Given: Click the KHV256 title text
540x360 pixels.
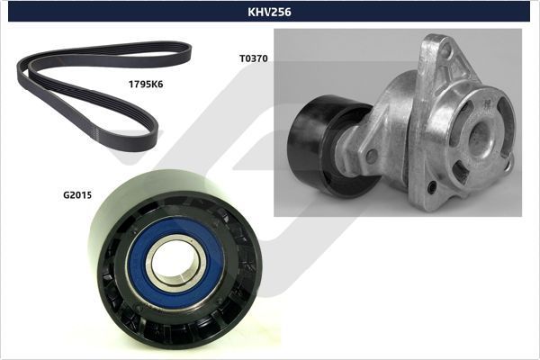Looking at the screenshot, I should pyautogui.click(x=270, y=13).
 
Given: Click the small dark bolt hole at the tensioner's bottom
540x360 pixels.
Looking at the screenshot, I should pyautogui.click(x=432, y=186).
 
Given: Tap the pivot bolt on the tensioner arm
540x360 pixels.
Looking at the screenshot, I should pyautogui.click(x=372, y=156).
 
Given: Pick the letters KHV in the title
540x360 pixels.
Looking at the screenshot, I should pyautogui.click(x=260, y=13).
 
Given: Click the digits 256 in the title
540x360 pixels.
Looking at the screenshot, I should pyautogui.click(x=281, y=13).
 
